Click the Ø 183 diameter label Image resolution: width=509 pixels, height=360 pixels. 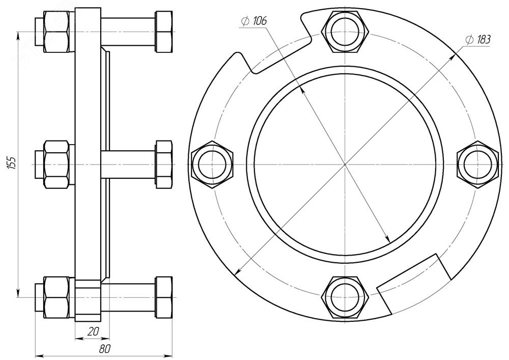(477, 40)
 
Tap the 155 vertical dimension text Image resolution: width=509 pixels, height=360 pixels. (12, 163)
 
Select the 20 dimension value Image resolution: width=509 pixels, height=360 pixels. (93, 331)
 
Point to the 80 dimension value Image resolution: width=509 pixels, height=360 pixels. (105, 349)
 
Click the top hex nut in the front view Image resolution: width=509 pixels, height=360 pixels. (346, 32)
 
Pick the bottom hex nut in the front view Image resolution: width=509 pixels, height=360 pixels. (346, 297)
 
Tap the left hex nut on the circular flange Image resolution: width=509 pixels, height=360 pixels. (212, 164)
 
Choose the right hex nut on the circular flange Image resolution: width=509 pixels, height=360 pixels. (477, 164)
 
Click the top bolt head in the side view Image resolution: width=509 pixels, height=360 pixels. (164, 32)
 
